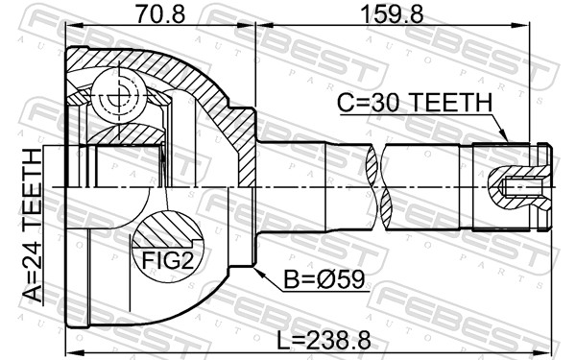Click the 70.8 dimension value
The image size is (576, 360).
coord(160,14)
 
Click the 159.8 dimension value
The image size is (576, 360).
coord(392,14)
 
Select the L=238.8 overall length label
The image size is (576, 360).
coord(324,340)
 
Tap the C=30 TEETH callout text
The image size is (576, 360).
coord(415,103)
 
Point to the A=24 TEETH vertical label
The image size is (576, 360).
coord(33,226)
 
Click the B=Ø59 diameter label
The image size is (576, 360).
coord(324,279)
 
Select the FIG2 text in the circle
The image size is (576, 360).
coord(167,260)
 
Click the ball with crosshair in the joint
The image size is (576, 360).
coord(120,95)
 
